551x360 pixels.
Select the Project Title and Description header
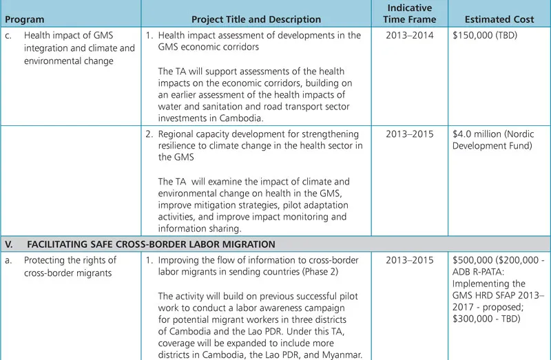tap(256, 19)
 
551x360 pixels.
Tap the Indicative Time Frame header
tap(409, 14)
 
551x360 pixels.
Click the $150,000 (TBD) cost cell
tap(487, 36)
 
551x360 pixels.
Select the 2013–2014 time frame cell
tap(410, 36)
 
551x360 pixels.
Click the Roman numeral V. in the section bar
tap(9, 244)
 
